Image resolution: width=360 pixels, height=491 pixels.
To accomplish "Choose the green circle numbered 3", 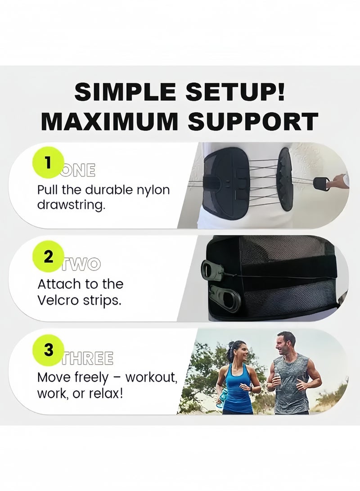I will (x=48, y=350).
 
